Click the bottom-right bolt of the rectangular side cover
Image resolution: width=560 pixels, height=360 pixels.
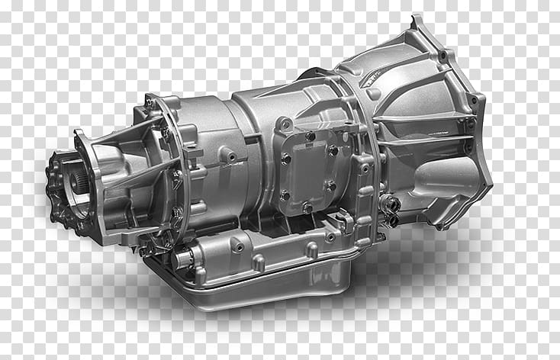click(330, 185)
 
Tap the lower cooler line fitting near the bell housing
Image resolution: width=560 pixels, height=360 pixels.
click(392, 220)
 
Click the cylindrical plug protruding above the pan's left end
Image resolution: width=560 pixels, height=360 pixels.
click(184, 259)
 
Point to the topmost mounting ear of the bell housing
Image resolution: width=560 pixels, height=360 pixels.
click(417, 22)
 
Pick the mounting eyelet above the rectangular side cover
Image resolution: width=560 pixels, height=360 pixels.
click(285, 123)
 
